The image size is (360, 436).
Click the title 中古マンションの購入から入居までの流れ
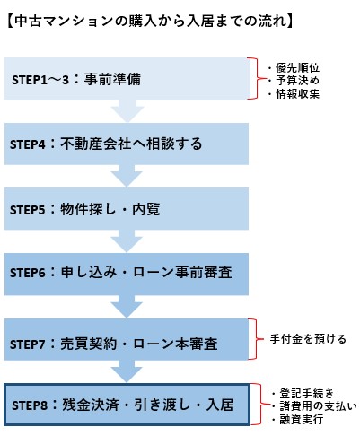click(x=149, y=22)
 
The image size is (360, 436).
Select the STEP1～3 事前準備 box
click(x=127, y=79)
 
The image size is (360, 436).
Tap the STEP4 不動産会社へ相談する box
click(x=127, y=144)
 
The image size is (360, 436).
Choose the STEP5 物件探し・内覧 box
click(x=127, y=209)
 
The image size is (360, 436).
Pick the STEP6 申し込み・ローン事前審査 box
click(x=127, y=275)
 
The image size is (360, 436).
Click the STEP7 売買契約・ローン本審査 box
click(x=127, y=339)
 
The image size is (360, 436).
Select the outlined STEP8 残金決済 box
click(x=127, y=405)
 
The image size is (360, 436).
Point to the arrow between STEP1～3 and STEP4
click(x=127, y=111)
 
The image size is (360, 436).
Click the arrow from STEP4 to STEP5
click(x=127, y=176)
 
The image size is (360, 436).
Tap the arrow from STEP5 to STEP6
click(x=127, y=241)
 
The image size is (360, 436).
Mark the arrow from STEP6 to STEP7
click(x=127, y=307)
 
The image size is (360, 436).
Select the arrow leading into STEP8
click(x=127, y=371)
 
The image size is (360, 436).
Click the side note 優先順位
click(x=297, y=67)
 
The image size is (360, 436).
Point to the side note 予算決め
click(x=297, y=81)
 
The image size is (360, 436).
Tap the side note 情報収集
click(x=297, y=93)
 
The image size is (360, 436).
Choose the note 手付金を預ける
click(x=308, y=339)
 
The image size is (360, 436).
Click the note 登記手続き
click(x=306, y=393)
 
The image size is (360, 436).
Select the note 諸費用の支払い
click(x=318, y=406)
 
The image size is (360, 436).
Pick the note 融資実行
click(x=302, y=419)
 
